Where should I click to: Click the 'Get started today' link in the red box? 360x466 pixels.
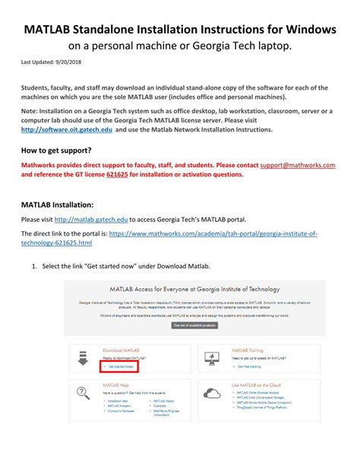(x=120, y=366)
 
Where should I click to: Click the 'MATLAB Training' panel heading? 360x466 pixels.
(x=247, y=350)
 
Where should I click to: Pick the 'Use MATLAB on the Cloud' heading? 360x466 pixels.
(x=257, y=386)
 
